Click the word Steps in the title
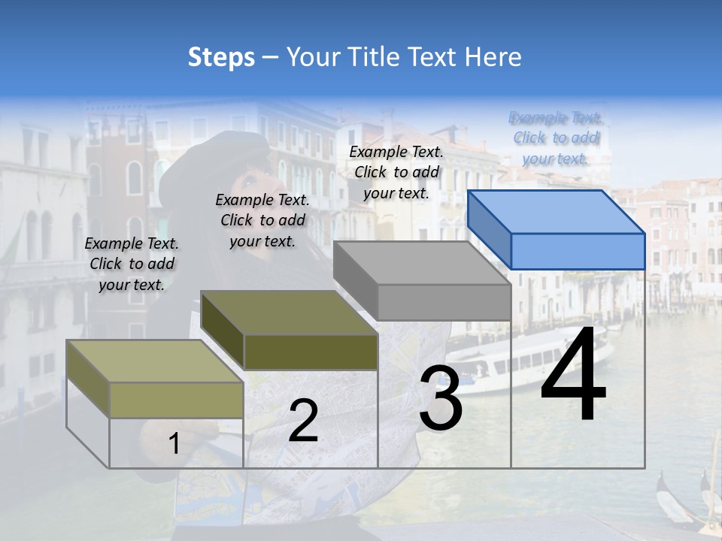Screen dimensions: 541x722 (x=221, y=57)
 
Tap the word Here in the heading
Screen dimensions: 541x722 (x=493, y=57)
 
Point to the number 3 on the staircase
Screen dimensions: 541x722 (x=441, y=398)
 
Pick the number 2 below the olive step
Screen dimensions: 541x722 (x=303, y=421)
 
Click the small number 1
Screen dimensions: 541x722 (x=174, y=444)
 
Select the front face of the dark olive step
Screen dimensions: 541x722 (x=311, y=352)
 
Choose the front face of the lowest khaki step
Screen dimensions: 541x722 (x=176, y=399)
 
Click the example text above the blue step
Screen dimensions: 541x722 (x=556, y=138)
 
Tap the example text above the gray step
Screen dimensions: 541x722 (x=396, y=172)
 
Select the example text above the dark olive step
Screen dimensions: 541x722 (x=262, y=220)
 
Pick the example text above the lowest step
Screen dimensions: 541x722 (x=132, y=264)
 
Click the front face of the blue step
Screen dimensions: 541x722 (x=578, y=251)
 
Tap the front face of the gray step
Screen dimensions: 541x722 (x=444, y=302)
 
